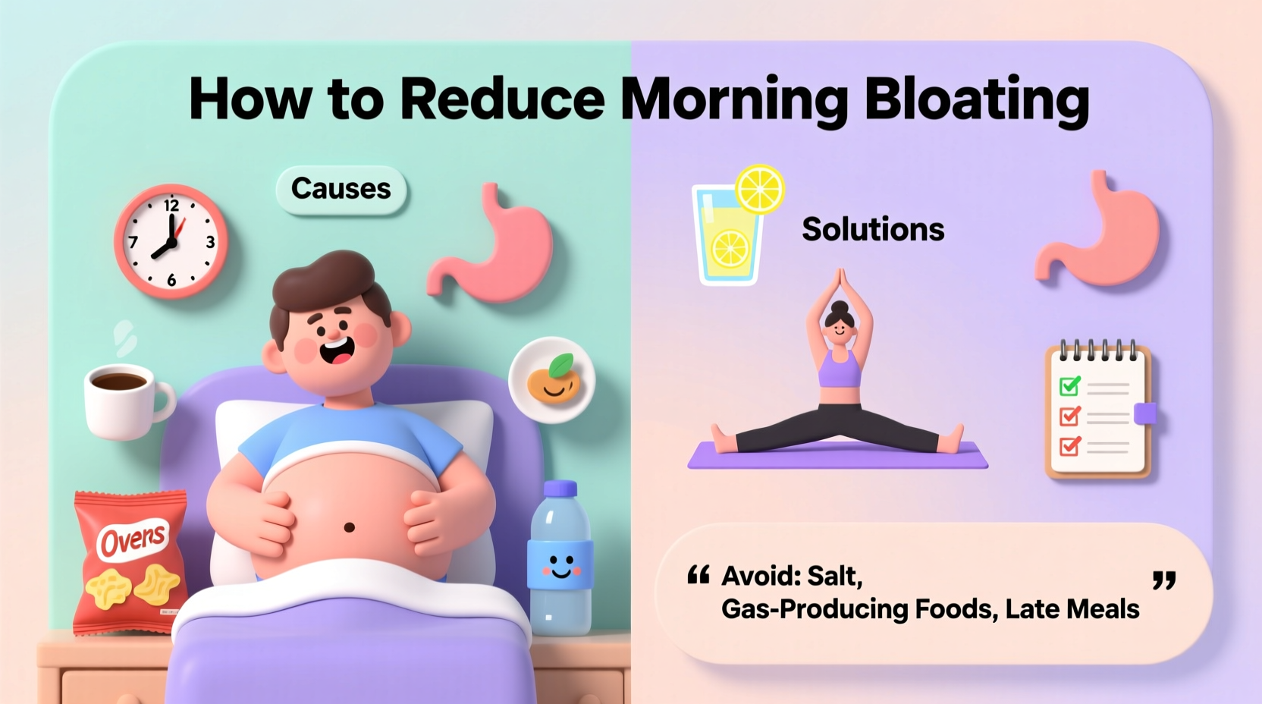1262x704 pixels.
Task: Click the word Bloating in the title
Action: (x=976, y=99)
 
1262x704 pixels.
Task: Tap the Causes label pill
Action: (x=341, y=188)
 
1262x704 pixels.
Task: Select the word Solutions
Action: (x=873, y=229)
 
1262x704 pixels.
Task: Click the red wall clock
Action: (x=171, y=241)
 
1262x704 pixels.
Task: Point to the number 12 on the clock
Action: (x=171, y=206)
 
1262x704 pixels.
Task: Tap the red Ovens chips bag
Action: (x=130, y=562)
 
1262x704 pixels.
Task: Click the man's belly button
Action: (x=350, y=526)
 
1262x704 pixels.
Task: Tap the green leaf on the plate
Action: (x=562, y=365)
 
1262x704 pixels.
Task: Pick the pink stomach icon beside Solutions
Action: (x=1100, y=231)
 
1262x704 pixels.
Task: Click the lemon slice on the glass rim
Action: (x=760, y=189)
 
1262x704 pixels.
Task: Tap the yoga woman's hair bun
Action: (x=840, y=307)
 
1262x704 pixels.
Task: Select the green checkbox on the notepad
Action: (x=1069, y=386)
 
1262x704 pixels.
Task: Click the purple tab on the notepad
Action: (x=1144, y=413)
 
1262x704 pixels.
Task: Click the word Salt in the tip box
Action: (x=833, y=577)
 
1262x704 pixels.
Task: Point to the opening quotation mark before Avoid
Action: (x=698, y=576)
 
